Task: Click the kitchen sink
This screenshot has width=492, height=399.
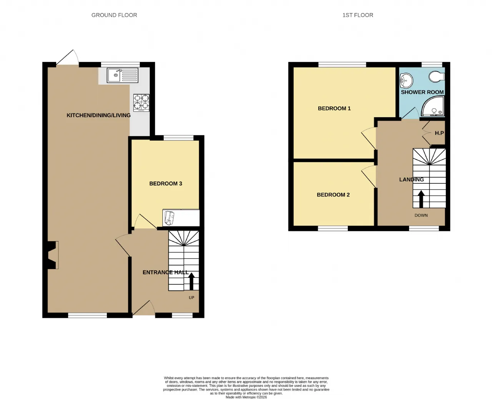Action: (122, 75)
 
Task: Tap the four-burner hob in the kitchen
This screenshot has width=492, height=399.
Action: (141, 103)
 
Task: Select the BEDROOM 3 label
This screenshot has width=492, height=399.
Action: (166, 183)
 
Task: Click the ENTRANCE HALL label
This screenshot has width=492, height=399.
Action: (165, 273)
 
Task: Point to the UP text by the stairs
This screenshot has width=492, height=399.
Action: (191, 298)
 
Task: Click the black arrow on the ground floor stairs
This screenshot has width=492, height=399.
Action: (191, 281)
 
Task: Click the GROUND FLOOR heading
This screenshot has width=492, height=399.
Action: (114, 15)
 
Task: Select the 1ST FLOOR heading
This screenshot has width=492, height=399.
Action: (357, 15)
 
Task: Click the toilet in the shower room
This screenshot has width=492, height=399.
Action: (437, 76)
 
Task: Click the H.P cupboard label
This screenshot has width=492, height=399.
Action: (439, 133)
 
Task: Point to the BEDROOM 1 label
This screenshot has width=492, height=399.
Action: (334, 108)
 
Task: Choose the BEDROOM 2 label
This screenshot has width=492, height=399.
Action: (333, 195)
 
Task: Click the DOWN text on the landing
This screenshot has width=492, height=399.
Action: (421, 215)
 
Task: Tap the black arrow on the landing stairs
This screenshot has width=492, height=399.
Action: (421, 199)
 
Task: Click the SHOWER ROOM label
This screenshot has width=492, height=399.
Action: (422, 92)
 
